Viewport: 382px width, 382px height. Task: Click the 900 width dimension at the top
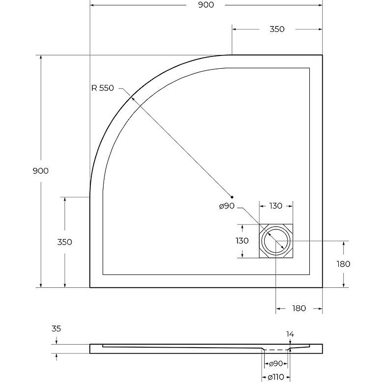tap(206, 5)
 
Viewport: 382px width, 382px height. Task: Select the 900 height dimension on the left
tap(41, 171)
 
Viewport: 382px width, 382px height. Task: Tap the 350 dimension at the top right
tap(277, 29)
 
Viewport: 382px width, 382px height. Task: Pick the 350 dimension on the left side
tap(64, 242)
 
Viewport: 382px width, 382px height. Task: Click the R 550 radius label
tap(103, 88)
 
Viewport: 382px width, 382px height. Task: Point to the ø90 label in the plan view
tap(227, 206)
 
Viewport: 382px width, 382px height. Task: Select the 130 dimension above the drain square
tap(275, 206)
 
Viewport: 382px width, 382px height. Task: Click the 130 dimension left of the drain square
tap(242, 241)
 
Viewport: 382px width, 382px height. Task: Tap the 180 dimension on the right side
tap(343, 264)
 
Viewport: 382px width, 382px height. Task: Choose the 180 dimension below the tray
tap(299, 309)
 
